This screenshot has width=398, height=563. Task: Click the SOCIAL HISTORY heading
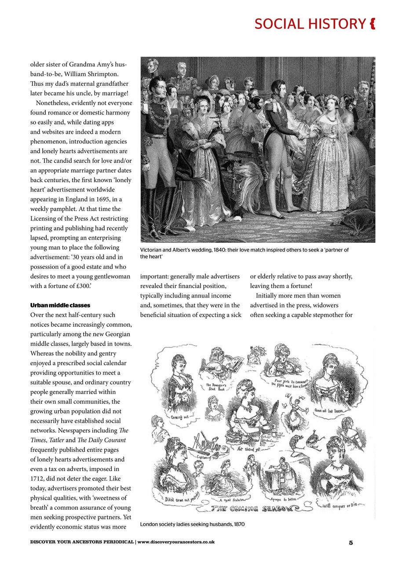[310, 24]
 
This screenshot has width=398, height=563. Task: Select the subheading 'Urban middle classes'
[57, 305]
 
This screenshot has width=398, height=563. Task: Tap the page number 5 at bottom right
[351, 542]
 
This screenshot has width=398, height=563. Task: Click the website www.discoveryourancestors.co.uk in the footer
[176, 542]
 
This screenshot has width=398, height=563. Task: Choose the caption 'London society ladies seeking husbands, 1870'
[192, 524]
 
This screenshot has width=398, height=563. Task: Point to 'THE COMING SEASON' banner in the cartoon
[256, 509]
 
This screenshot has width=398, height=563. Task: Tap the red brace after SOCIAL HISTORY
[372, 24]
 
